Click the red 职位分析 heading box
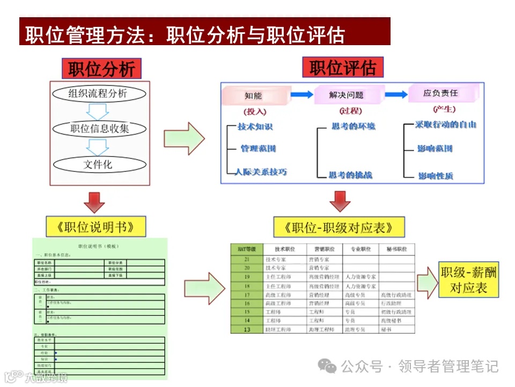[101, 69]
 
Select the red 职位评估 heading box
[343, 68]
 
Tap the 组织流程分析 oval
[98, 94]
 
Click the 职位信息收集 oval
[99, 128]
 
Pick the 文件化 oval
[98, 164]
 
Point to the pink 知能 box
[253, 95]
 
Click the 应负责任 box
[440, 94]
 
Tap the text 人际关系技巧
[261, 173]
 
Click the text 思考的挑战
[351, 175]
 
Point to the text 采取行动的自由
[446, 125]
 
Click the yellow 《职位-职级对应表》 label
[339, 227]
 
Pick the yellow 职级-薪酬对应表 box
[468, 280]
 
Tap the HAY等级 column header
[247, 249]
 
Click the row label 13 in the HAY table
[247, 329]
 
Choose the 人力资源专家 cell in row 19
[361, 277]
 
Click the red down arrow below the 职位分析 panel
[94, 202]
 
